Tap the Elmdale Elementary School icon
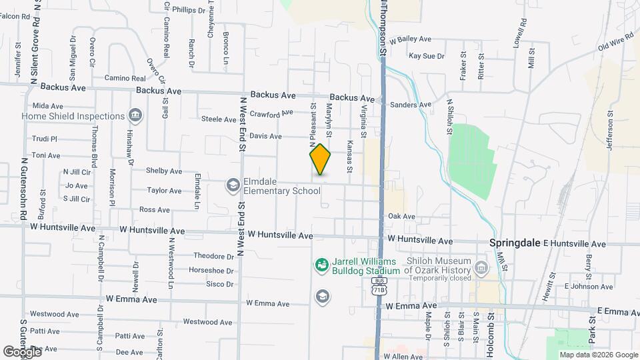pos(233,185)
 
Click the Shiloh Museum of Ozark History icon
pos(481,268)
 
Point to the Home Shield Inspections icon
pos(135,116)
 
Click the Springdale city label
pos(515,243)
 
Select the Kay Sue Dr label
pos(427,56)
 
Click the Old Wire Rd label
pos(614,44)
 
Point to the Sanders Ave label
pos(411,105)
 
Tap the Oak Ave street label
pos(401,217)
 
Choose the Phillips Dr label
pos(189,10)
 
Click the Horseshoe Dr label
pos(211,271)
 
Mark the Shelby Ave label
pos(164,171)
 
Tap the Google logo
pos(21,351)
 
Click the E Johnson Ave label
pos(588,287)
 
